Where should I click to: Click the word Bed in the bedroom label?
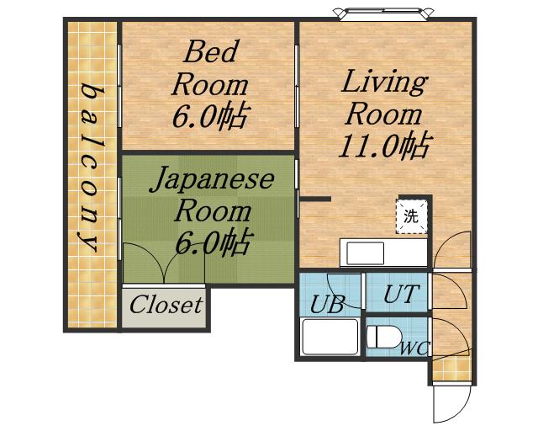tap(211, 51)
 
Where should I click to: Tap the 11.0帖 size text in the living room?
tap(385, 146)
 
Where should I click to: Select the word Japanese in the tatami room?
tap(212, 178)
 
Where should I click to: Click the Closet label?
tap(166, 305)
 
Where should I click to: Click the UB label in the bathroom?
tap(327, 304)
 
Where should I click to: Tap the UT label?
tap(401, 294)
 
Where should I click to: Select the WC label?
tap(414, 349)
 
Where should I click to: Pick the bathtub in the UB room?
tap(330, 337)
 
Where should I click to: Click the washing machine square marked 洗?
tap(412, 217)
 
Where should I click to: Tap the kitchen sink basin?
tap(365, 253)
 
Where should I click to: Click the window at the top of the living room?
tap(384, 13)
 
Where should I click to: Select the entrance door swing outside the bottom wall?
tap(452, 403)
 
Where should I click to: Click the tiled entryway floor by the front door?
tap(451, 369)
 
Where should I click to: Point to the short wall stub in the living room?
tap(315, 199)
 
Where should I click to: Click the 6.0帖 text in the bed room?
tap(210, 115)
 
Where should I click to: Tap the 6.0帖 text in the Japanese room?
tap(213, 242)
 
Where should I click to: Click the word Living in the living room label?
tap(384, 82)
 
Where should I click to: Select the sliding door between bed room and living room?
tap(297, 86)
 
